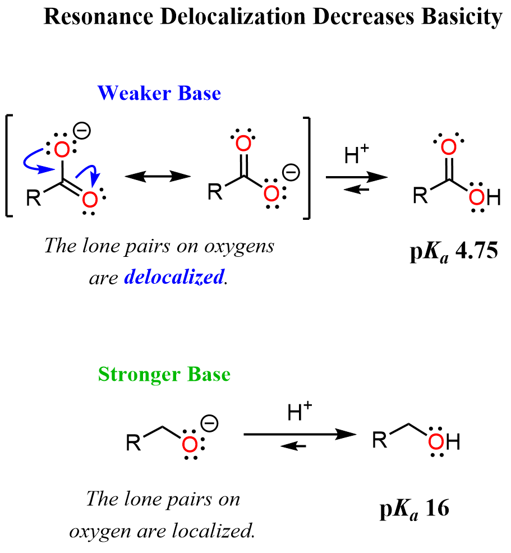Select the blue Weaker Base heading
click(159, 93)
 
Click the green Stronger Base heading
click(164, 374)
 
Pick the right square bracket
click(305, 167)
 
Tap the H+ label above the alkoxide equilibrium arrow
click(300, 414)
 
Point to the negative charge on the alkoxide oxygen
click(210, 423)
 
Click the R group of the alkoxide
click(133, 443)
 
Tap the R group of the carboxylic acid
click(420, 196)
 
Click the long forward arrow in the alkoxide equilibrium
click(300, 434)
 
